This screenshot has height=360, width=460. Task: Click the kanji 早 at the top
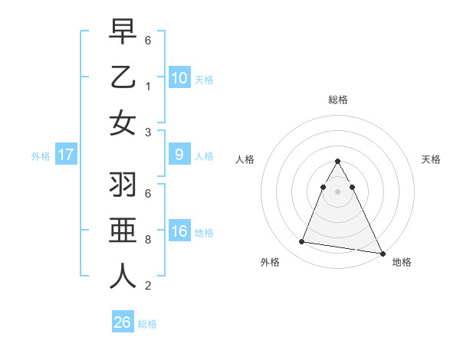[x=123, y=31]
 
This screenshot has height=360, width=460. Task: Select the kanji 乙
[x=123, y=77]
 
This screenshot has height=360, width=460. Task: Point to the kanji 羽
[x=123, y=185]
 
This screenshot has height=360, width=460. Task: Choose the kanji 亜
[x=123, y=231]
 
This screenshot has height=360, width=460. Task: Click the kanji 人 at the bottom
[x=123, y=276]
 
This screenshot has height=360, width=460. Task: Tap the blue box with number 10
[x=179, y=77]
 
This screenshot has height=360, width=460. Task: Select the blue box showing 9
[x=179, y=155]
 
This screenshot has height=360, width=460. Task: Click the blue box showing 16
[x=179, y=231]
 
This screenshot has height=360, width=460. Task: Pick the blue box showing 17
[x=65, y=155]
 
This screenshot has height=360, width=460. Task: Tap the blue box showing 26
[x=122, y=322]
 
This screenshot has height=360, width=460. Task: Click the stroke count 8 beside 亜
[x=148, y=240]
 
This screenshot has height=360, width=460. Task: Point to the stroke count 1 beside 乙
[x=148, y=87]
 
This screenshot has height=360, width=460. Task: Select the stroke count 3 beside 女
[x=148, y=132]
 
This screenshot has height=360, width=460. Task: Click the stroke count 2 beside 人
[x=148, y=286]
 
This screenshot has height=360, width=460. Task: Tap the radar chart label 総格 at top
[x=337, y=100]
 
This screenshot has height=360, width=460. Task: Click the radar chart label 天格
[x=431, y=159]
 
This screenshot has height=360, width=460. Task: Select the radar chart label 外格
[x=270, y=262]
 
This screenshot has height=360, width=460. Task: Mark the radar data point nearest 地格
[x=381, y=253]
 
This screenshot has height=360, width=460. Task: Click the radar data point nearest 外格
[x=301, y=242]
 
